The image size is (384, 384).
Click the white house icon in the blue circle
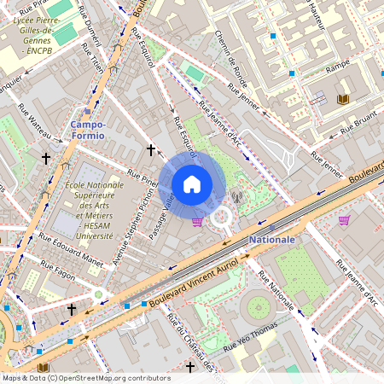coord(192,183)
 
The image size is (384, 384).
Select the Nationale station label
coord(272,240)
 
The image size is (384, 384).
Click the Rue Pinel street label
coord(143,177)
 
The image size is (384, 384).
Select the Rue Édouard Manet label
coord(71,259)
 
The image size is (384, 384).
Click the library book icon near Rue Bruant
coord(343,100)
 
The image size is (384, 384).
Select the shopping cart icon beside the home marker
coord(198,222)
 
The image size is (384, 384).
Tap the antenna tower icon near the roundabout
coord(237,205)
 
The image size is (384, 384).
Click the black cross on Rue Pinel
coord(151,150)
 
